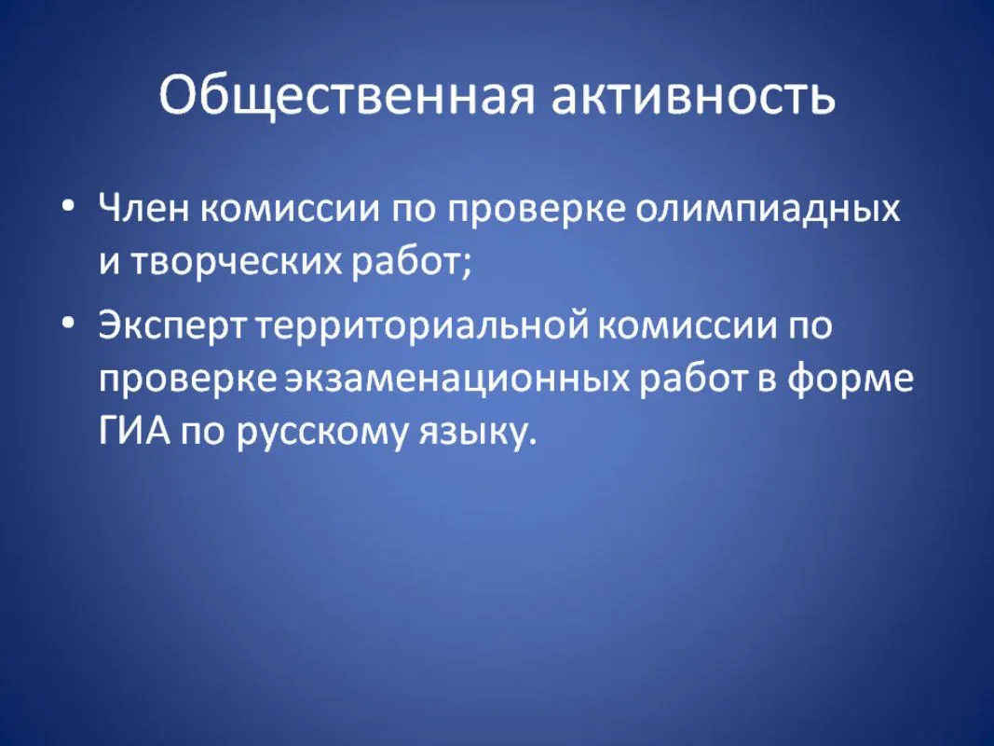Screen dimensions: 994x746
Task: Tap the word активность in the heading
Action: tap(693, 95)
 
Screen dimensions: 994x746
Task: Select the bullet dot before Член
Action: tap(68, 207)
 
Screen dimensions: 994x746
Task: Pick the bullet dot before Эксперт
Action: tap(68, 324)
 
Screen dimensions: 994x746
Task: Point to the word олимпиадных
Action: tap(768, 210)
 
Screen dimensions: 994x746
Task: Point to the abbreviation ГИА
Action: tap(135, 433)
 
